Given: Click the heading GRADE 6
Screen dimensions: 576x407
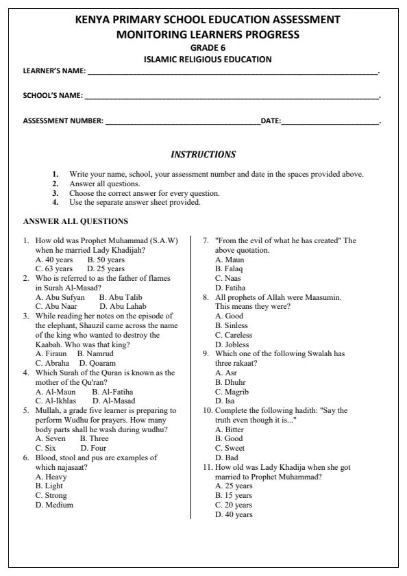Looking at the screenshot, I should (203, 49).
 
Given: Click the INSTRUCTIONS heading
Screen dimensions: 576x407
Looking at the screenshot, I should (203, 155).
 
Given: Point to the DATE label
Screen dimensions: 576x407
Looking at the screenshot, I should (271, 121).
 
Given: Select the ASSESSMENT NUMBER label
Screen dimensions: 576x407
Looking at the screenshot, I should (64, 121).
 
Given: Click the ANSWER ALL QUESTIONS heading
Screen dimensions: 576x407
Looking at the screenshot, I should (75, 221).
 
